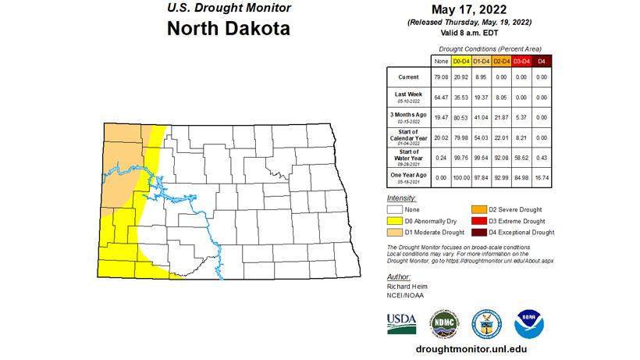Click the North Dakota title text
click(x=229, y=30)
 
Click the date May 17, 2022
click(x=468, y=11)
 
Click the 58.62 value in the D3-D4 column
click(x=521, y=156)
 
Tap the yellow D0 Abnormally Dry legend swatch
click(x=396, y=221)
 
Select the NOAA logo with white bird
click(x=529, y=323)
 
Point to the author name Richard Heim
click(x=407, y=286)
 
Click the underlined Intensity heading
click(x=401, y=198)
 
